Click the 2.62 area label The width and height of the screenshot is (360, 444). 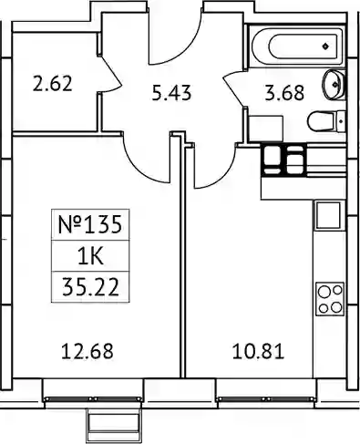pos(53,84)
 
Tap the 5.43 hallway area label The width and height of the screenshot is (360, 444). pos(171,93)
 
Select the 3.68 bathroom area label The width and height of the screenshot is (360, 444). pos(284,93)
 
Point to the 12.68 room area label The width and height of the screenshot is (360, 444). pos(87,351)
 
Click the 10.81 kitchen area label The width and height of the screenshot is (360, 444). pos(259,351)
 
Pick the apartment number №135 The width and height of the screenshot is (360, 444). pos(90,225)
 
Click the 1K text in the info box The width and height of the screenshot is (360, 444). pos(91,256)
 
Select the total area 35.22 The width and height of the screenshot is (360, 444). pos(90,287)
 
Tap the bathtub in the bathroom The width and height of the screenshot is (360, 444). pos(297,46)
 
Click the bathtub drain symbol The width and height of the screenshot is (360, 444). pos(325,46)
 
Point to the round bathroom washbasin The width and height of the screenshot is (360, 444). pos(334,84)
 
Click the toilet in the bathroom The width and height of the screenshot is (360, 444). pos(326,121)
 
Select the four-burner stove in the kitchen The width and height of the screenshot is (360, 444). pos(330,299)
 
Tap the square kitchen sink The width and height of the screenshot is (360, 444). pos(328,215)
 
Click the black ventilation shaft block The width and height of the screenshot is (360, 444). pos(283,160)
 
